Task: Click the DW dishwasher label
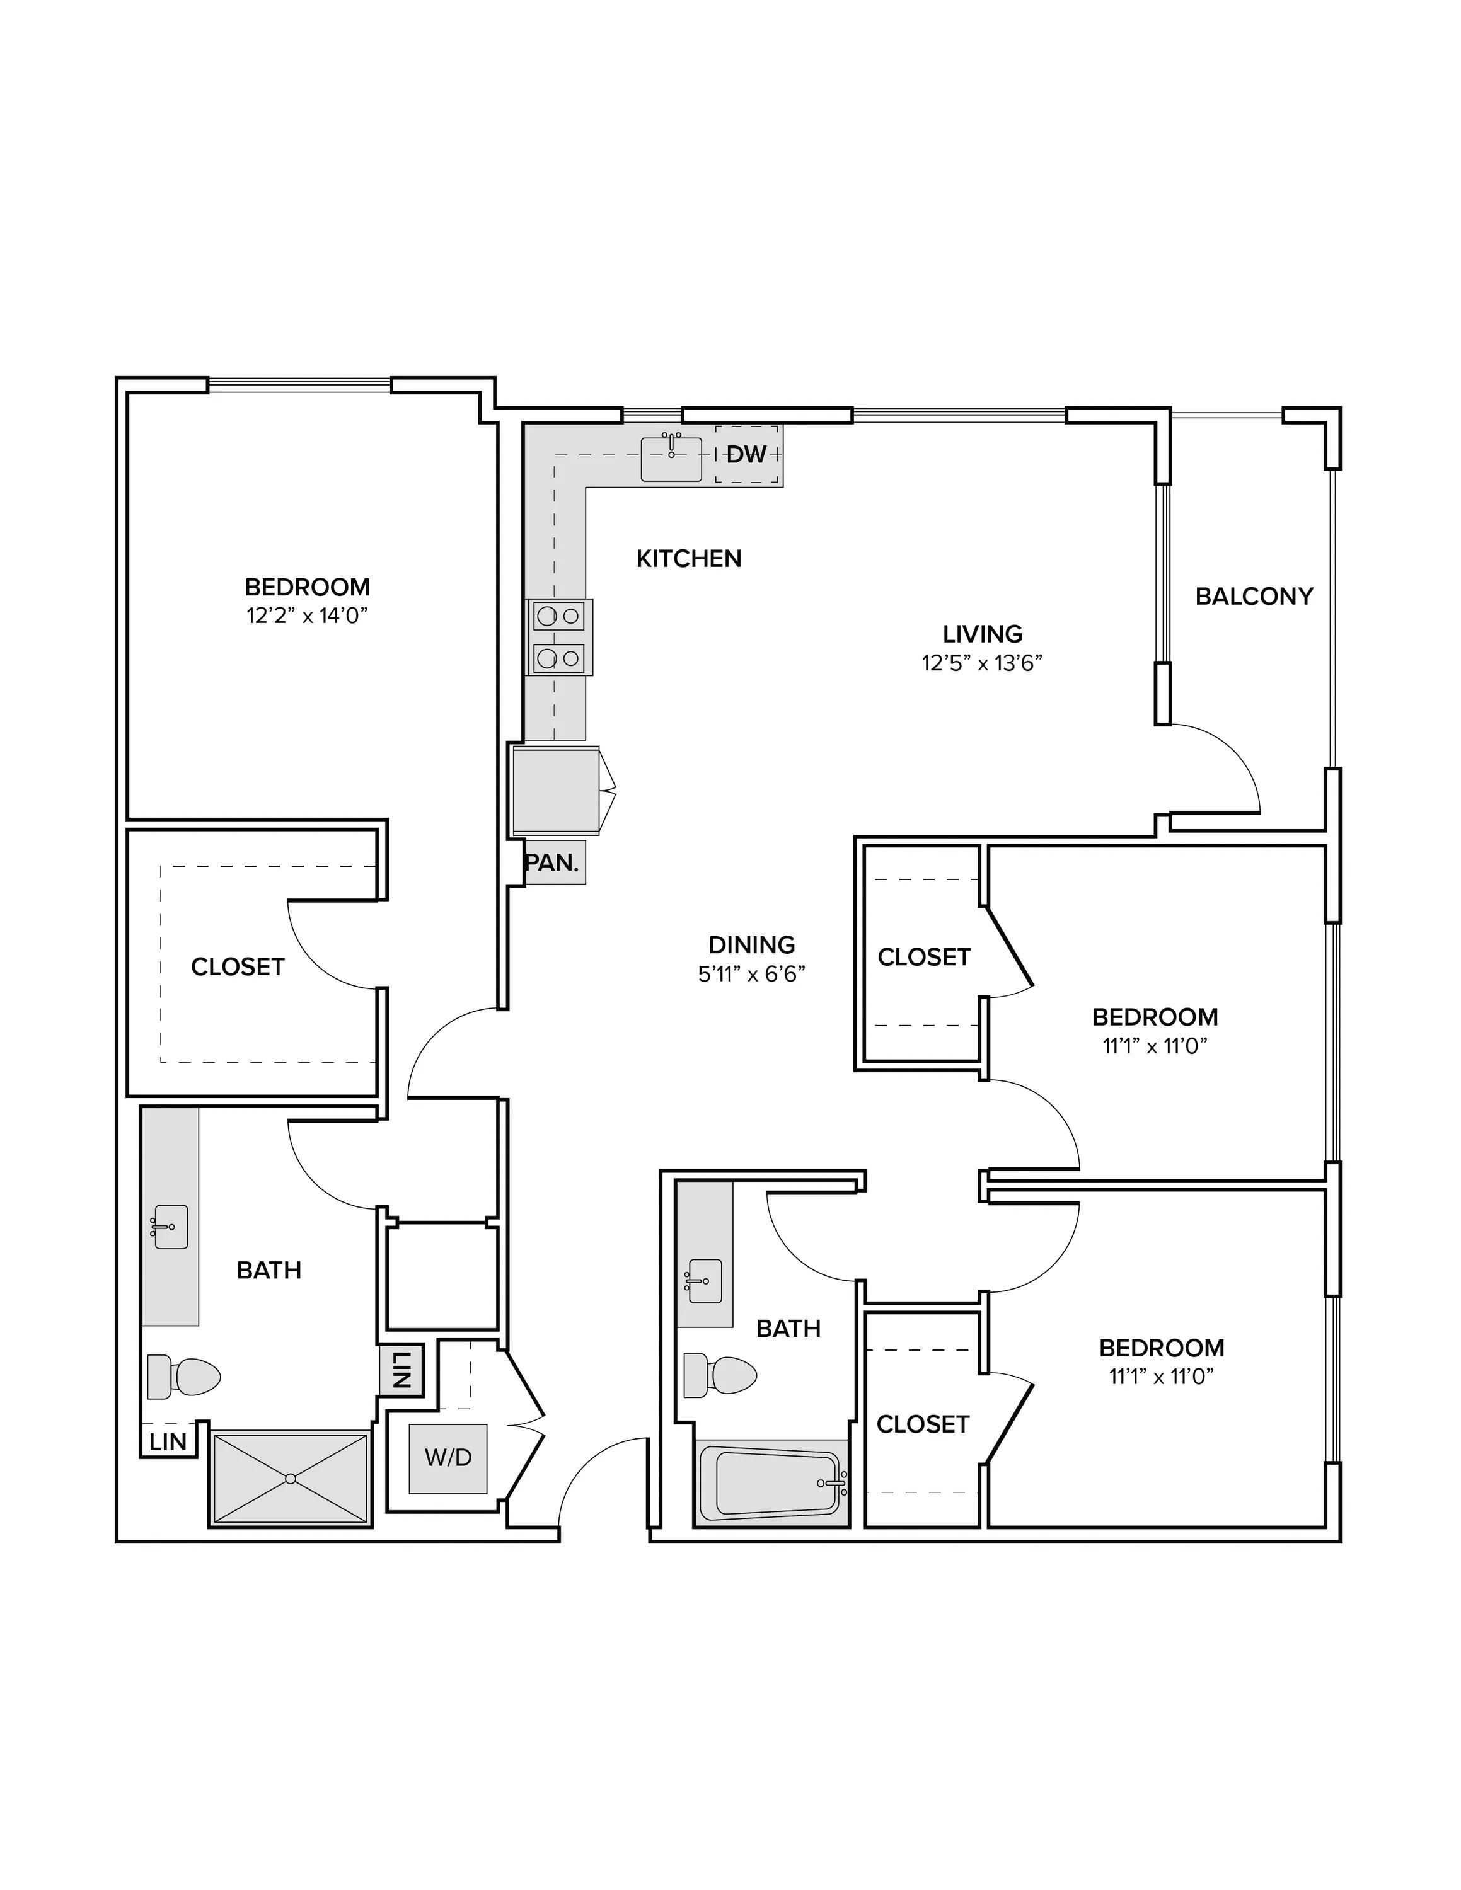click(x=746, y=454)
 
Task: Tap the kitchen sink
click(x=671, y=459)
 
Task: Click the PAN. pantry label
click(x=551, y=863)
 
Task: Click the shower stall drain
click(x=291, y=1479)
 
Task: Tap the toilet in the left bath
click(x=183, y=1377)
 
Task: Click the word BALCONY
click(x=1254, y=596)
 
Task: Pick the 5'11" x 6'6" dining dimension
click(x=751, y=975)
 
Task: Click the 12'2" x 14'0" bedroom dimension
click(x=307, y=616)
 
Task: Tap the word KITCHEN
click(x=689, y=559)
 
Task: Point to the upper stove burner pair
click(x=558, y=616)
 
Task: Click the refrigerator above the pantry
click(x=556, y=790)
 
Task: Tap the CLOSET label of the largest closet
click(x=238, y=966)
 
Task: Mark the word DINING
click(x=751, y=945)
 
